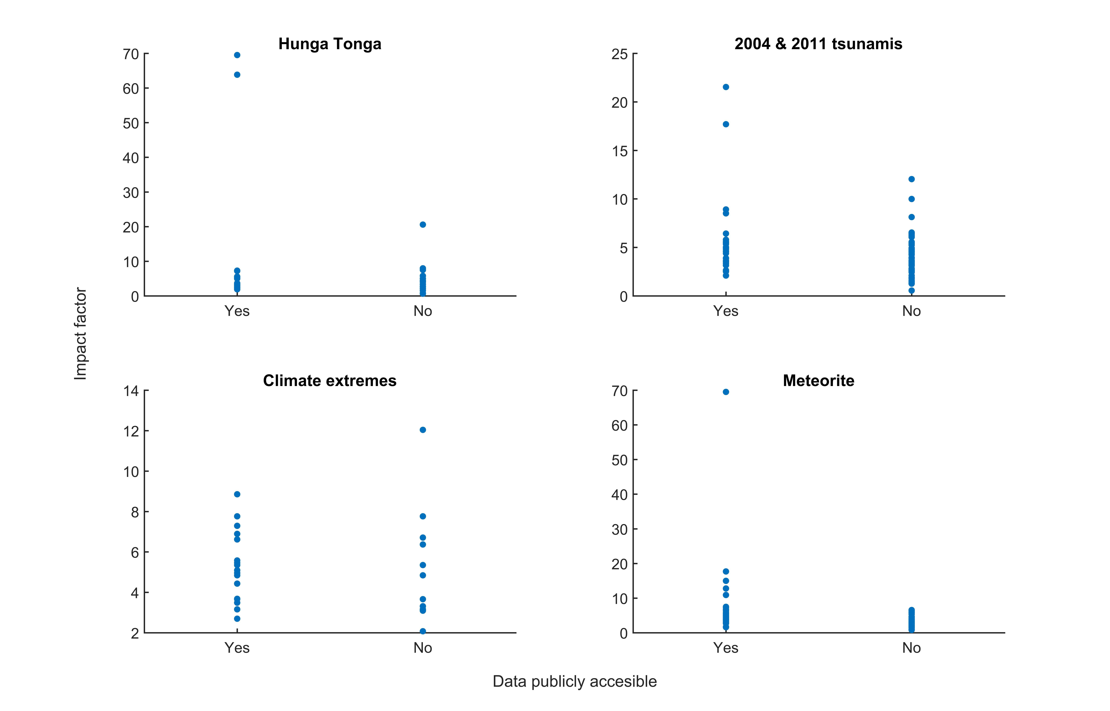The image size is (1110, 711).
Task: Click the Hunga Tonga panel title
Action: pos(330,44)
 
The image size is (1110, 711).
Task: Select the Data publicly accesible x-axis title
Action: pos(575,681)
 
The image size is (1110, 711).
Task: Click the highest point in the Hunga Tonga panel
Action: pos(237,55)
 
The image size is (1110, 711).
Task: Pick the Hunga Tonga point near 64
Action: pos(237,75)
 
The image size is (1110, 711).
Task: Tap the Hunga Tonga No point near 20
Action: pos(423,225)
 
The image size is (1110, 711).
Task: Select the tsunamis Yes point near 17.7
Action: pos(726,124)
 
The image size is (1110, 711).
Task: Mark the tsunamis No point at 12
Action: pos(911,179)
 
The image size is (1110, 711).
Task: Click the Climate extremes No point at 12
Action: pos(423,430)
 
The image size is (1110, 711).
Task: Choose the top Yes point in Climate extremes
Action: pos(237,494)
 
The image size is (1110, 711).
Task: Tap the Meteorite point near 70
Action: pos(726,392)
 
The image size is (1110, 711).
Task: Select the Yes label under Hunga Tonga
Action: pos(237,311)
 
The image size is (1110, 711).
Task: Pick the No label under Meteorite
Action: pos(911,648)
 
